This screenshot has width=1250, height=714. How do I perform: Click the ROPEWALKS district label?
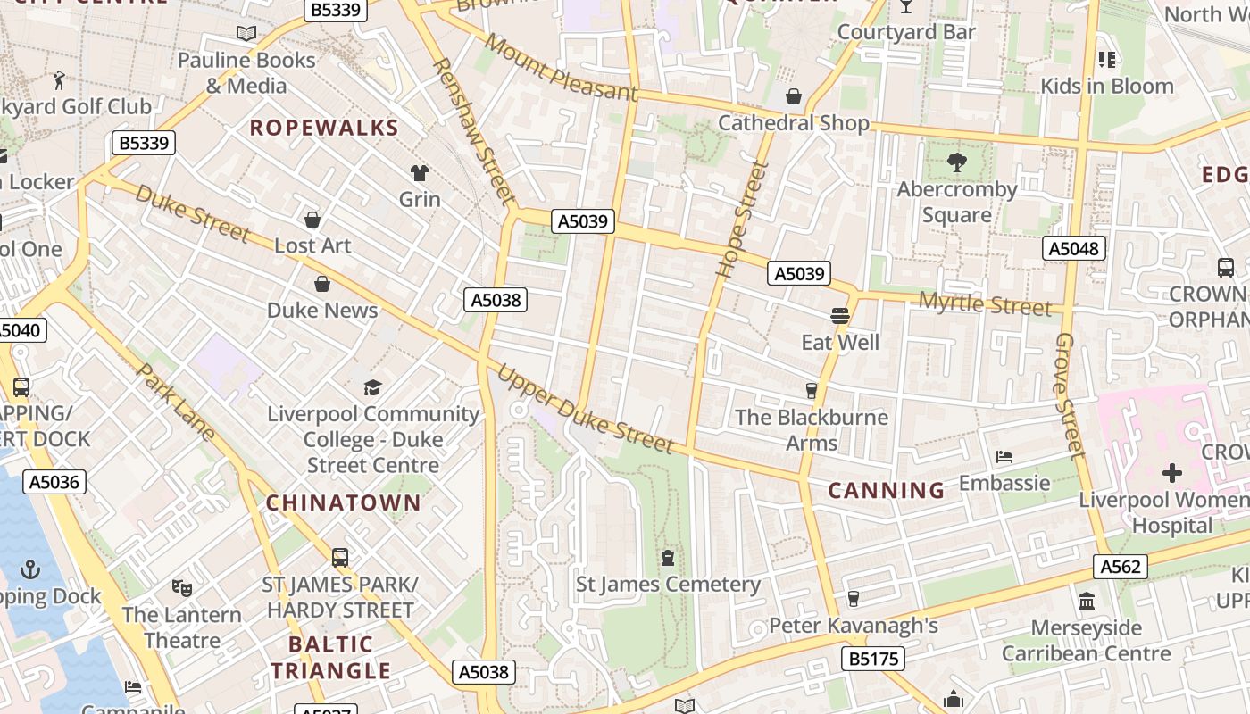[323, 128]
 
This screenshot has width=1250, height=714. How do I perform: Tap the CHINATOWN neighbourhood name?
[344, 502]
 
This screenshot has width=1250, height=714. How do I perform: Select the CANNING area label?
[886, 490]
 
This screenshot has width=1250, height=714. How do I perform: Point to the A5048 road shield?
[1073, 248]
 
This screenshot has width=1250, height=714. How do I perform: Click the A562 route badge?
[1120, 567]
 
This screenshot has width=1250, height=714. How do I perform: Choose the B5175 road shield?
[873, 659]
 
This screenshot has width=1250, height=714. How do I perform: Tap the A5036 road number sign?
[54, 482]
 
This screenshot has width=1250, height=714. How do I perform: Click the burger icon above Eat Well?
[839, 315]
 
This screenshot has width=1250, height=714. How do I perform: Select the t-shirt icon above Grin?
[420, 172]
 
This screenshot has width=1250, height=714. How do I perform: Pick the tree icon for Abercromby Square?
[957, 162]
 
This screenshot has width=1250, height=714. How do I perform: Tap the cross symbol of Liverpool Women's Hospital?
[1171, 473]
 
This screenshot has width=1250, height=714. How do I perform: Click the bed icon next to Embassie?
[1004, 457]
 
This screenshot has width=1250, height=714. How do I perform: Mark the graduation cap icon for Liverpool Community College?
[372, 387]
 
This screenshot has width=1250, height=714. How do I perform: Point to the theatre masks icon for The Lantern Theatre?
[182, 588]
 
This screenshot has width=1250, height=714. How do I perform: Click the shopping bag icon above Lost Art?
[312, 220]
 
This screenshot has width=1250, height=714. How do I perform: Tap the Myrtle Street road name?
[985, 303]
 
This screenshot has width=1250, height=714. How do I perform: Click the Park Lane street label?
[176, 402]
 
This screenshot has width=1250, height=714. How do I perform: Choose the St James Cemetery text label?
[668, 585]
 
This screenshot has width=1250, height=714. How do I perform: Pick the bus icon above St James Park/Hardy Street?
[340, 558]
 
